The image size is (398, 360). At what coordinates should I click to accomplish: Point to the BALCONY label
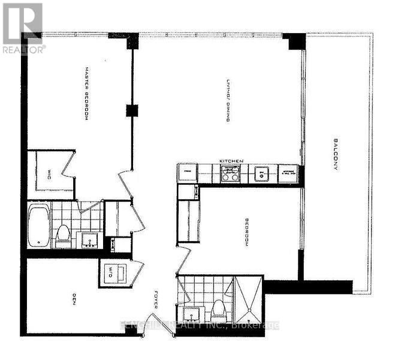(334, 156)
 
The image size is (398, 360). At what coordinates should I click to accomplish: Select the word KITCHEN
(230, 161)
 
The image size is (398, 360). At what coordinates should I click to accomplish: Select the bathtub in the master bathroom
(38, 226)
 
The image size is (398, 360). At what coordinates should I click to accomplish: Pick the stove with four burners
(230, 173)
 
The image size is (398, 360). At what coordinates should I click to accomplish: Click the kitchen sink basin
(262, 173)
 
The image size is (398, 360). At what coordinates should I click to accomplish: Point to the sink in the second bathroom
(191, 314)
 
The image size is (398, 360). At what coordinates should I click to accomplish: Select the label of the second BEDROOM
(246, 233)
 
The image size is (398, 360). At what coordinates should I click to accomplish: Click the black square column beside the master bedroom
(131, 110)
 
